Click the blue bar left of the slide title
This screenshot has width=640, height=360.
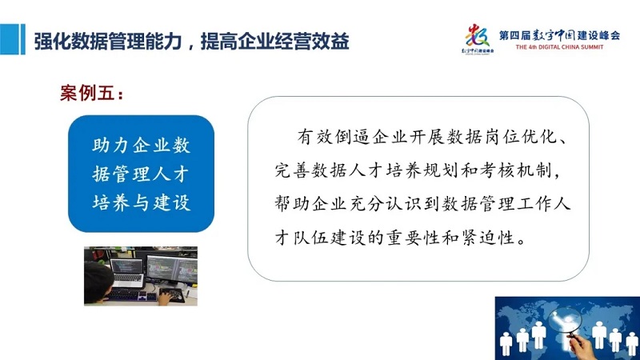point(13,39)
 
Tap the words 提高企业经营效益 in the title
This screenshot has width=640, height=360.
point(274,42)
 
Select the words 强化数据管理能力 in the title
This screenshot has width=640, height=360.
point(108,42)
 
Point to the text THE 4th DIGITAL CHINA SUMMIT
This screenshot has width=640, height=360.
point(559,47)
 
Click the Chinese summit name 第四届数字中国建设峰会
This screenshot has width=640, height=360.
point(559,35)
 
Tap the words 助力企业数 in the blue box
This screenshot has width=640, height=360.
point(142,146)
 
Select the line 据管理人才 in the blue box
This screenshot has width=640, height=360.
point(141,174)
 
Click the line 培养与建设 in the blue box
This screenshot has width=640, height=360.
point(142,202)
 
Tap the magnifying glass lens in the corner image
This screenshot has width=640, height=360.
point(565,320)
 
